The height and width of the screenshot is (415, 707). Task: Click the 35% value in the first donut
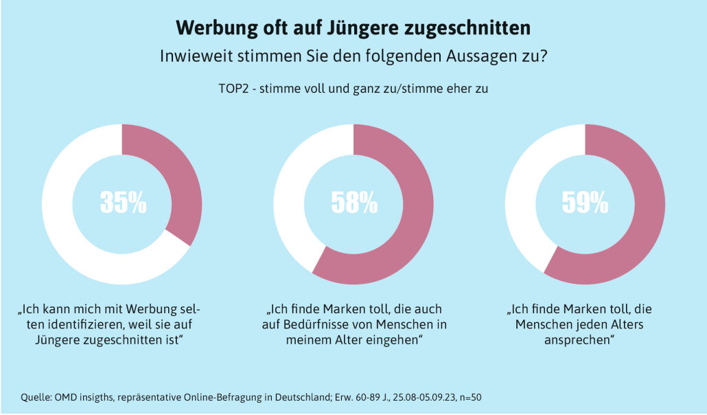(x=123, y=203)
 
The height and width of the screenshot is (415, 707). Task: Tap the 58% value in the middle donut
(x=354, y=203)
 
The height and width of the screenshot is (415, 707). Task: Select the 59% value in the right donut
(x=585, y=203)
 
